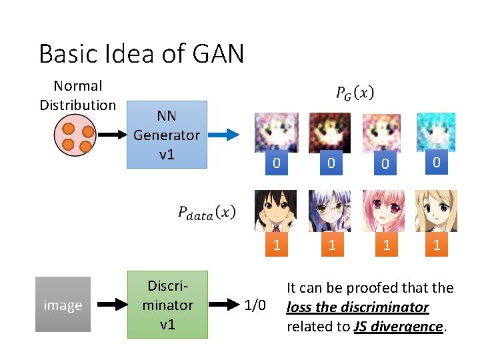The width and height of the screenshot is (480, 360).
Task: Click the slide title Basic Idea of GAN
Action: (x=141, y=53)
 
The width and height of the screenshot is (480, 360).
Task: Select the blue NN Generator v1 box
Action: (x=167, y=134)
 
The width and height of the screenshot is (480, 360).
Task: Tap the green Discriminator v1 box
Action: (x=167, y=305)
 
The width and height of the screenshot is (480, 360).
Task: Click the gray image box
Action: (x=63, y=305)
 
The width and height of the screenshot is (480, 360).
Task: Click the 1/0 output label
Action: (x=255, y=306)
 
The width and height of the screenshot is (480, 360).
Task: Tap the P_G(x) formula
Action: (x=355, y=94)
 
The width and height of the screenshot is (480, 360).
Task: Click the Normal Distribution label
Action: (x=77, y=95)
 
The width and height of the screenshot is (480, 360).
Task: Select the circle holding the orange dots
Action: (x=77, y=135)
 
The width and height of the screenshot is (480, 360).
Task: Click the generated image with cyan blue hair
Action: (x=437, y=133)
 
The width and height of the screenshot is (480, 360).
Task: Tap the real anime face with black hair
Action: (x=276, y=211)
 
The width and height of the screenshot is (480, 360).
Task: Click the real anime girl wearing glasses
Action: (x=329, y=211)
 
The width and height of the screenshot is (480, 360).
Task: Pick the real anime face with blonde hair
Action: (x=436, y=211)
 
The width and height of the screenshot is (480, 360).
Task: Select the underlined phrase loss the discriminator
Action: (x=357, y=307)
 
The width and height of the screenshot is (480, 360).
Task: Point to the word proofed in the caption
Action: (x=365, y=288)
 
